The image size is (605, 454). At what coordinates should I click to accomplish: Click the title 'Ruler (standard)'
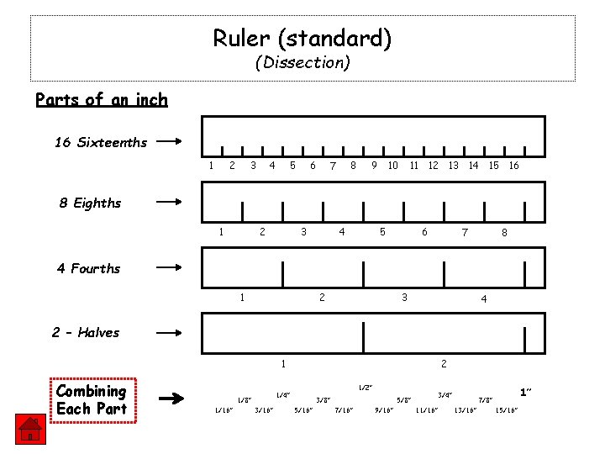coord(302,38)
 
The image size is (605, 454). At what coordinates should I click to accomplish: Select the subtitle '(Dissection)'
coord(302,62)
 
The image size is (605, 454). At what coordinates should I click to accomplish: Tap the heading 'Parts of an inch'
coord(102,99)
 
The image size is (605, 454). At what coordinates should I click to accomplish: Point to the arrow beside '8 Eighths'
coord(169,202)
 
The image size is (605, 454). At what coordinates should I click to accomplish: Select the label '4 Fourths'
coord(88,268)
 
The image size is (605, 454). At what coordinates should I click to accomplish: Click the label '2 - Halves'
coord(86,332)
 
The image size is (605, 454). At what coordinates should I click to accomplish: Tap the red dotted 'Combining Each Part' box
coord(91,400)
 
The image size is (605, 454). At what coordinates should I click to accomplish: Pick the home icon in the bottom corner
coord(29,430)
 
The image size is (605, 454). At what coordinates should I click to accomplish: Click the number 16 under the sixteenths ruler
coord(513,166)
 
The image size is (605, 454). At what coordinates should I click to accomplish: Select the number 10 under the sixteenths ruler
coord(392,166)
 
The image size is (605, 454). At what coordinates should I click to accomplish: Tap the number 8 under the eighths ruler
coord(504,233)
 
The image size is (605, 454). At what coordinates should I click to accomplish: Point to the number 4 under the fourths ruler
coord(484,298)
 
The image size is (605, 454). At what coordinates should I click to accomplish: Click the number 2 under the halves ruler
coord(444,364)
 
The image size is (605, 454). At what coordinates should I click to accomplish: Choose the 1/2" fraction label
coord(365,388)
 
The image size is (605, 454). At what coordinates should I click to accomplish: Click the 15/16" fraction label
coord(507,410)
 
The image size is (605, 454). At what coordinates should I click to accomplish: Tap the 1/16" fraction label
coord(224,410)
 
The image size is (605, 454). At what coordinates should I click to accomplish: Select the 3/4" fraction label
coord(445,394)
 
